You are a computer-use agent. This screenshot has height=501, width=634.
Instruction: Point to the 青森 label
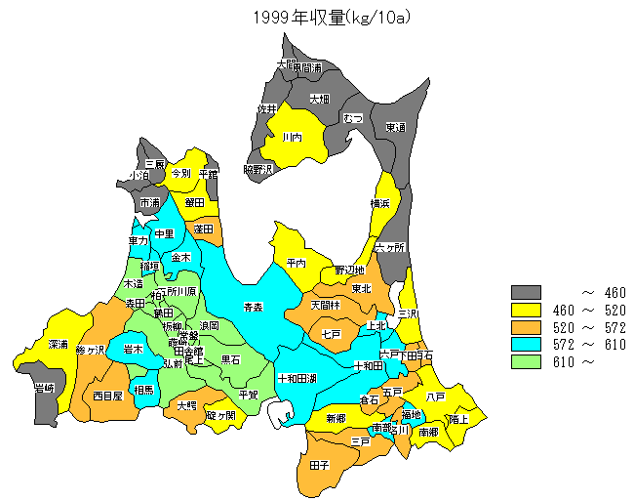[253, 307]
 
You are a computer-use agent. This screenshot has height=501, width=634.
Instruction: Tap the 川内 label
[292, 138]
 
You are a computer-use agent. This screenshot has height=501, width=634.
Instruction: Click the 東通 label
[394, 127]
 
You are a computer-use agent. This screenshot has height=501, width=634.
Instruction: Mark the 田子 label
[319, 465]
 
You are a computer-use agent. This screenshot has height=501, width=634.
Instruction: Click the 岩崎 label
[44, 389]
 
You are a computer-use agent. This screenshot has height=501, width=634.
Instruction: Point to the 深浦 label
[59, 345]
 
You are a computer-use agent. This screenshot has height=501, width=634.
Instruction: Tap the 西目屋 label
[107, 396]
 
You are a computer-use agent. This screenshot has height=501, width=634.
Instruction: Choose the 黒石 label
[230, 359]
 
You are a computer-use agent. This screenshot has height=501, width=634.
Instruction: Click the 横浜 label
[380, 203]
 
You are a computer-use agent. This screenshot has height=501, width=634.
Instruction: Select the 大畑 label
[320, 99]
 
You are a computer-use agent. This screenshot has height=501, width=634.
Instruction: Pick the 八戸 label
[435, 397]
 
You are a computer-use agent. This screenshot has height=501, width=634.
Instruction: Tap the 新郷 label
[335, 418]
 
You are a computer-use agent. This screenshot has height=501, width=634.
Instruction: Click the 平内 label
[297, 263]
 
